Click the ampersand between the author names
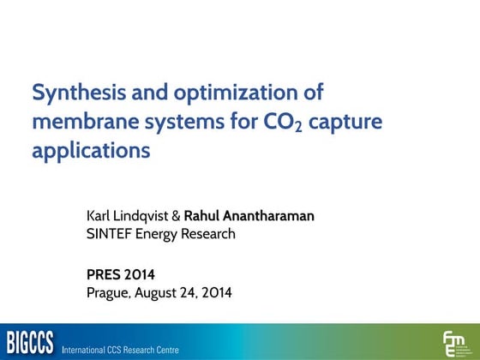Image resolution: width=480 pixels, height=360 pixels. (x=177, y=216)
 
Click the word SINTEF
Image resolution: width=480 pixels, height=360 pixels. (x=108, y=233)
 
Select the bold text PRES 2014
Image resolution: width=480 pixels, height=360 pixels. (x=121, y=275)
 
